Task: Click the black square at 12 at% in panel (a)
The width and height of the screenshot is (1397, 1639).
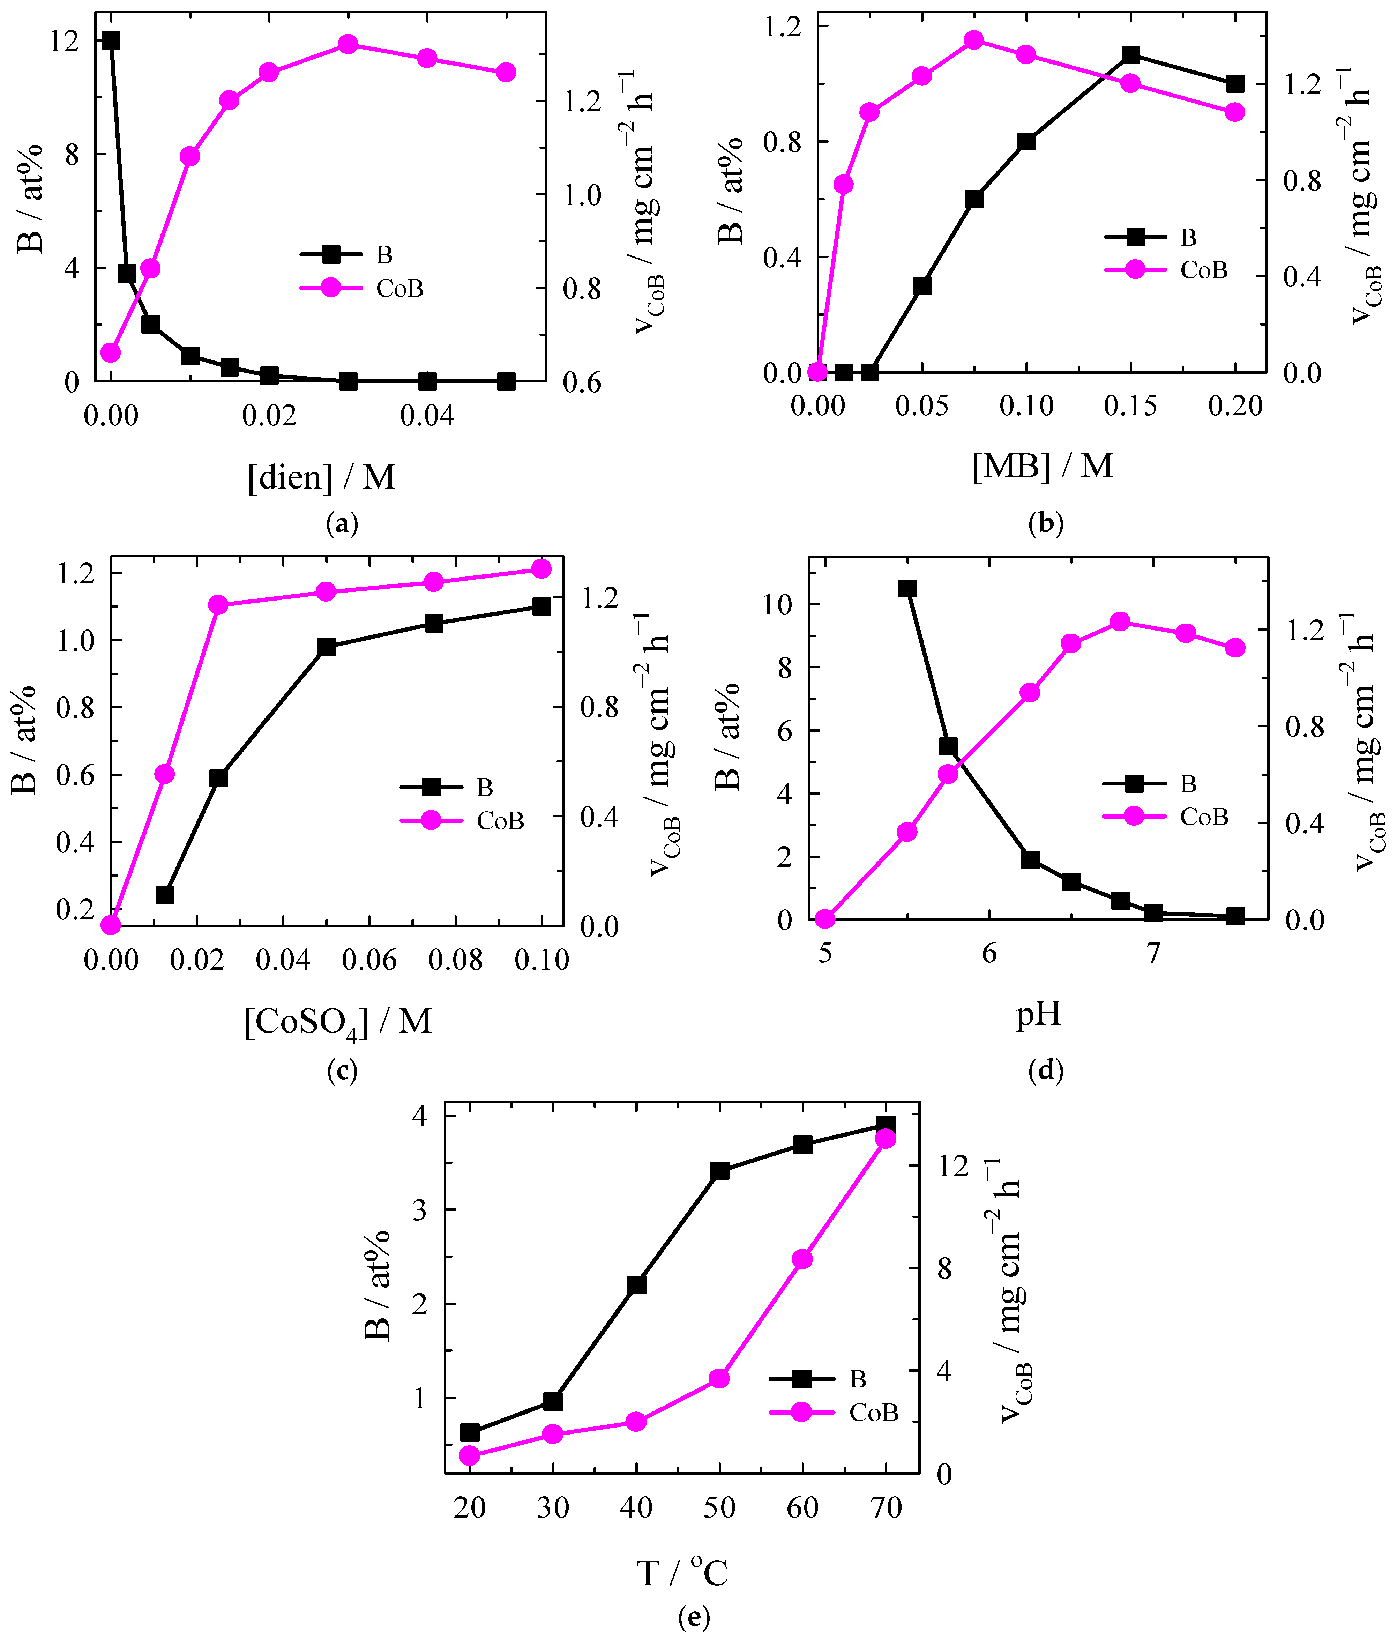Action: point(111,40)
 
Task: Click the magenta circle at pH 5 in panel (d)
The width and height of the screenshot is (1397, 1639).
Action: point(825,918)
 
